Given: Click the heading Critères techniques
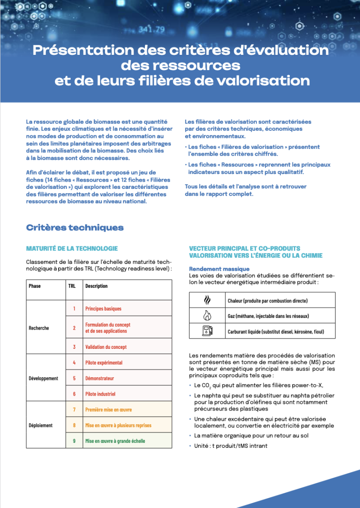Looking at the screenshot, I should click(75, 227).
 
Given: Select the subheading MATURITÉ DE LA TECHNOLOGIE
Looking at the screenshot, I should click(72, 248).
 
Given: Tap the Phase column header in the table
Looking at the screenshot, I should click(35, 286).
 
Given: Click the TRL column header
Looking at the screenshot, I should click(72, 286).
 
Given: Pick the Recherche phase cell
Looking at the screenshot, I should click(39, 328).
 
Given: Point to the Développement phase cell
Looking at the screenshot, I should click(43, 378).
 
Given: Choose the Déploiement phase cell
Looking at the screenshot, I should click(40, 425).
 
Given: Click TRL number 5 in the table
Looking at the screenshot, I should click(74, 378).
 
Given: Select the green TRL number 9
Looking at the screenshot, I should click(74, 441).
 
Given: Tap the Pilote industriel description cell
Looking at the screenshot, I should click(100, 394).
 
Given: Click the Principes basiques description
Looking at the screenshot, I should click(103, 309).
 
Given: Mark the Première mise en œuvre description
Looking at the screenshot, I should click(108, 410).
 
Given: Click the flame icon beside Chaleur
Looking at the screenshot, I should click(207, 300).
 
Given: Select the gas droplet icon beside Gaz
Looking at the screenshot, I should click(207, 316).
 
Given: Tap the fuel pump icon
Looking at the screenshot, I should click(207, 331).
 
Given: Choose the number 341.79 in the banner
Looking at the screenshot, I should click(152, 30).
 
